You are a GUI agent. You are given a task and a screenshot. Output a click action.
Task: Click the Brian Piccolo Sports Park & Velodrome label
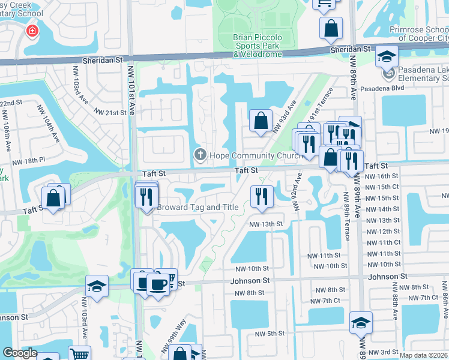coord(256,46)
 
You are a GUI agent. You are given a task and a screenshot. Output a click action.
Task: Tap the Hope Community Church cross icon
coord(200,155)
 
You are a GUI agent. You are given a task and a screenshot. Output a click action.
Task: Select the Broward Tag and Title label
coord(198,207)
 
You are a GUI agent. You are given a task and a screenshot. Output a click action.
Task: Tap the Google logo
coord(20,353)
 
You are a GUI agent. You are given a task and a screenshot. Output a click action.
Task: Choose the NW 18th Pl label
coord(33,160)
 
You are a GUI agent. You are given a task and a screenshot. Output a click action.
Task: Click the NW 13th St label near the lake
coord(266,224)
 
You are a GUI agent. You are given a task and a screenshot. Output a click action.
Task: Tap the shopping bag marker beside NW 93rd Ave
coord(261,120)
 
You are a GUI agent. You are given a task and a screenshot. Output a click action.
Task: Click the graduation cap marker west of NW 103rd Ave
coord(97,286)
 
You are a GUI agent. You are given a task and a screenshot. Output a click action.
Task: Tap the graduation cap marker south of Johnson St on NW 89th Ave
coord(361,323)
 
